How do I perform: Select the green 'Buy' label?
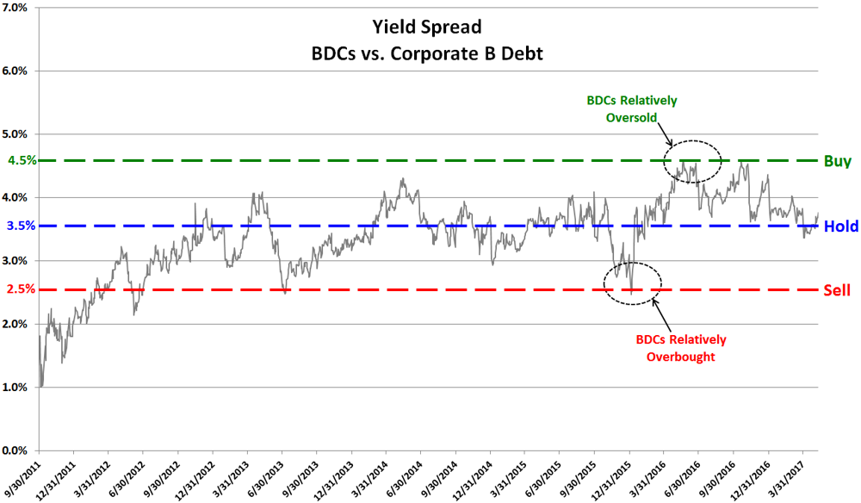point(837,160)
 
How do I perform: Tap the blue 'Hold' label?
point(839,227)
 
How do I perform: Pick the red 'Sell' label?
point(837,290)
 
